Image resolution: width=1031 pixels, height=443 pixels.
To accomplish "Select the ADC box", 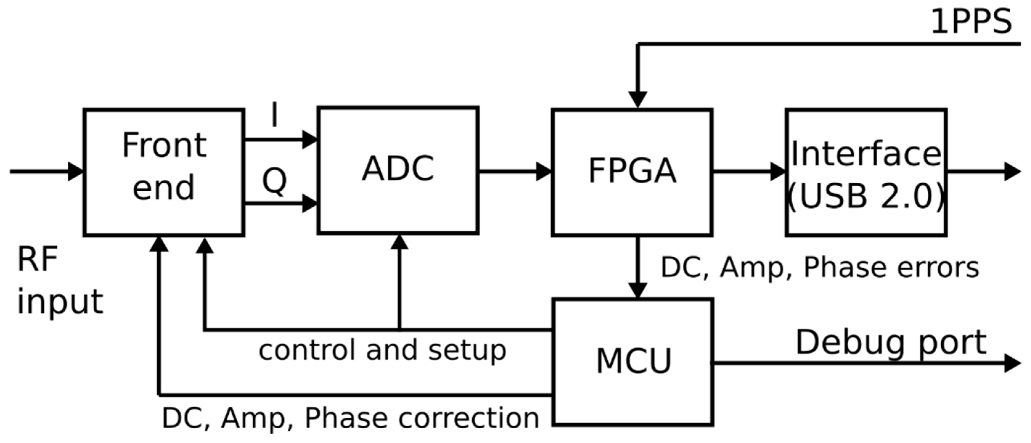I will [398, 170].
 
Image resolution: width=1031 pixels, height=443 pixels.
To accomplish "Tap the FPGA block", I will [632, 172].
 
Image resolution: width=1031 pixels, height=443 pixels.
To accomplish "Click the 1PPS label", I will [971, 22].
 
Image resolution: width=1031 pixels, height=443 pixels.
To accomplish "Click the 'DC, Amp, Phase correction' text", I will [350, 418].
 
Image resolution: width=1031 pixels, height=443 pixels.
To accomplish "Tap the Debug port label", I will [891, 342].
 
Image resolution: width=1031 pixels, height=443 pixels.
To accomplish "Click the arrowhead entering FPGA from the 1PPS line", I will [638, 99].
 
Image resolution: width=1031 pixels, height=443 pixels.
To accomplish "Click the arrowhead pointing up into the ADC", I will [399, 242].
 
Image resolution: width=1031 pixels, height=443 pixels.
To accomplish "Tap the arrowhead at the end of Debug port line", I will [1013, 363].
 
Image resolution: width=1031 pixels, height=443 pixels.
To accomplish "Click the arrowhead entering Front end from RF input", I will [75, 172].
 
